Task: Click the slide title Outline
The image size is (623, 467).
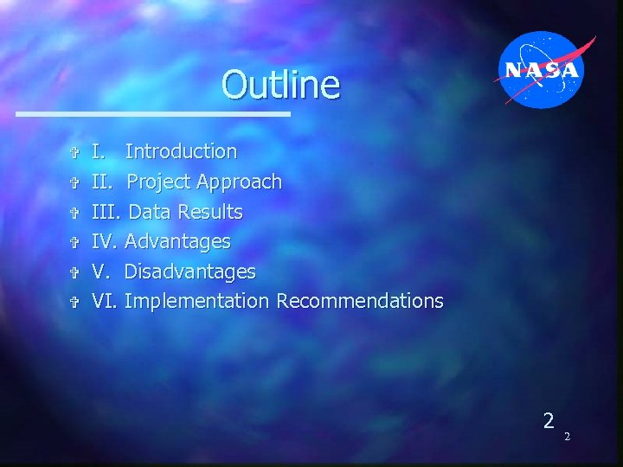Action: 280,85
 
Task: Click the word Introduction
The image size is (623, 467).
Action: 181,151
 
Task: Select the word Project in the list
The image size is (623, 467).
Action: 159,182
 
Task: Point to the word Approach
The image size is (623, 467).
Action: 239,182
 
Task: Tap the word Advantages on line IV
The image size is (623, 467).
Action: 177,241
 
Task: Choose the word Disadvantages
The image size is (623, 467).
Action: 189,272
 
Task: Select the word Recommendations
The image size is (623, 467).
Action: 359,301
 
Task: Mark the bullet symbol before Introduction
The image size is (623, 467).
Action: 74,153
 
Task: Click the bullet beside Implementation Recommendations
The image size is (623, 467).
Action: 74,303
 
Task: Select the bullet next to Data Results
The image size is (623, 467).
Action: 74,213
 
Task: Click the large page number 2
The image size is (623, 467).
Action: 548,421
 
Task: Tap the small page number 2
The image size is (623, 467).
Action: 567,437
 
